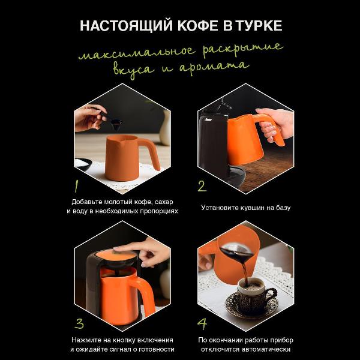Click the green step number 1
77,184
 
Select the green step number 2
202,185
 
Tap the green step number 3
79,324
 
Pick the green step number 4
202,324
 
